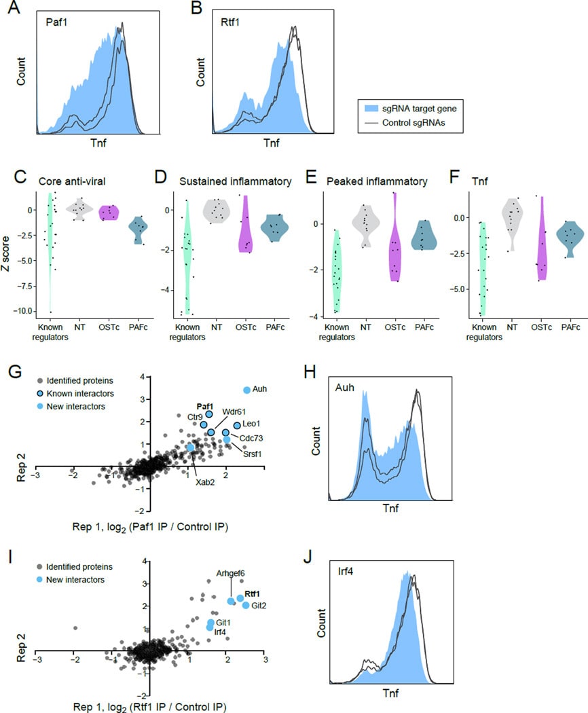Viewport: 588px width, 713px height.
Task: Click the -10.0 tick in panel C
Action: pos(26,311)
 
